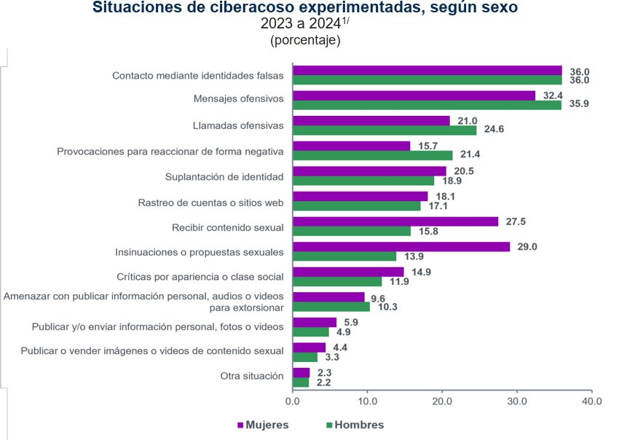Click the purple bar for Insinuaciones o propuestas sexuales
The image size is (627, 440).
[401, 247]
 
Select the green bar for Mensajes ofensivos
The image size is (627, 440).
[427, 105]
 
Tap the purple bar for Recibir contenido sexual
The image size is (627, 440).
[395, 221]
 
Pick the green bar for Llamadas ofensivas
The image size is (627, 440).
[385, 130]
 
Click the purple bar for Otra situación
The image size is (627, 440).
[301, 372]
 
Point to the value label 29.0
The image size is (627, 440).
[527, 247]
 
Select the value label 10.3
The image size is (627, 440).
[387, 307]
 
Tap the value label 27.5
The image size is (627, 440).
[516, 221]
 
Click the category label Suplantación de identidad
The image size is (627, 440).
[224, 176]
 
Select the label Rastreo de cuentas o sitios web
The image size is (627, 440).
[211, 202]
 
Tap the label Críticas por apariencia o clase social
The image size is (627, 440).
[200, 277]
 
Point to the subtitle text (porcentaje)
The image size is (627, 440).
[306, 41]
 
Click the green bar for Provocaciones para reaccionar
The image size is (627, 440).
[372, 155]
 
